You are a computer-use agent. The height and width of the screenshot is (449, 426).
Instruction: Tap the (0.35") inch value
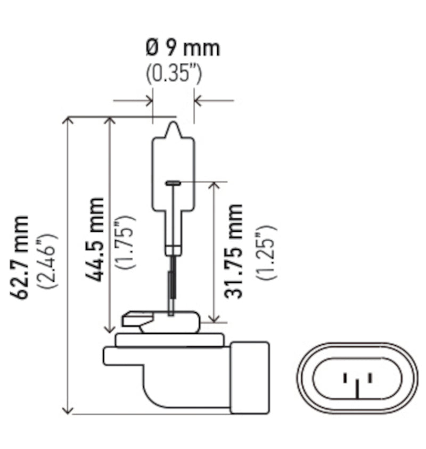pyautogui.click(x=174, y=74)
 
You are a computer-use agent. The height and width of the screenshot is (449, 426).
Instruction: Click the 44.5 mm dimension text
pyautogui.click(x=96, y=240)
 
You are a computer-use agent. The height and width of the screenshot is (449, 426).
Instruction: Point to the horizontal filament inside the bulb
pyautogui.click(x=174, y=183)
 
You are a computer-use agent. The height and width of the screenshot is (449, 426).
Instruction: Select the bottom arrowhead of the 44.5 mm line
pyautogui.click(x=110, y=329)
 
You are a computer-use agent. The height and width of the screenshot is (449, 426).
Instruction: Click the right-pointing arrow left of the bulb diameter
pyautogui.click(x=148, y=100)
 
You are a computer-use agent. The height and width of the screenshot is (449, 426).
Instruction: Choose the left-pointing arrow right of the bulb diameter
pyautogui.click(x=199, y=100)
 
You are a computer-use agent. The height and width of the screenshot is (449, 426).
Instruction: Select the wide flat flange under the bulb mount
pyautogui.click(x=168, y=340)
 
